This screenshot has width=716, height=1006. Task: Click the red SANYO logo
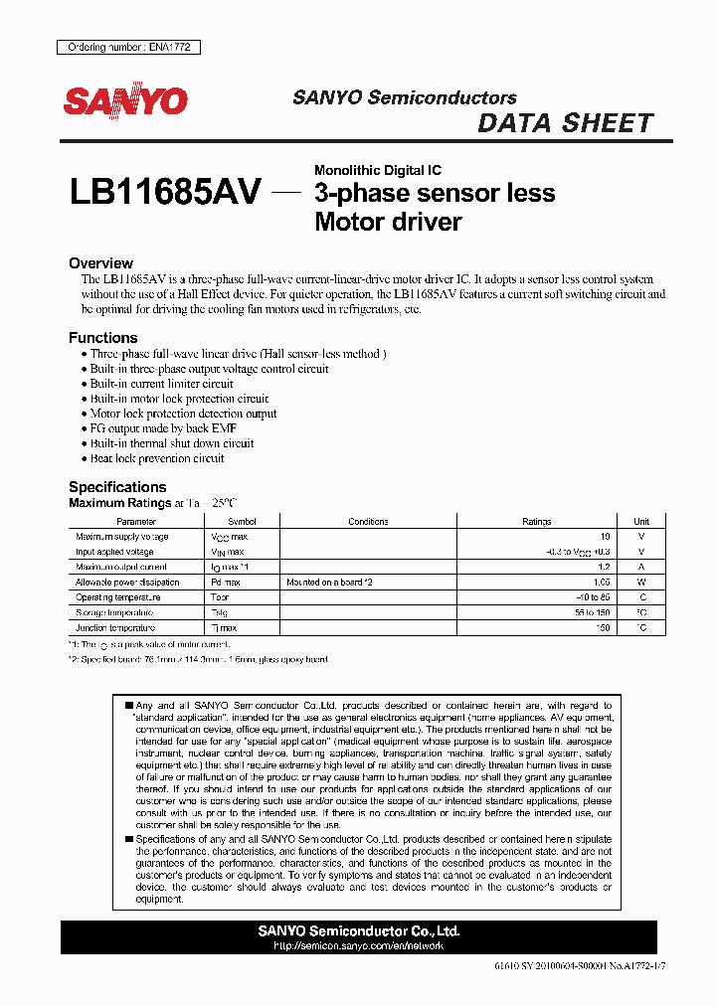(126, 99)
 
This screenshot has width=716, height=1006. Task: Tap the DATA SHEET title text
(565, 123)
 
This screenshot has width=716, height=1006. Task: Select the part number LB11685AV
(165, 192)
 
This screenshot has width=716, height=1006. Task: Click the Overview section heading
(100, 263)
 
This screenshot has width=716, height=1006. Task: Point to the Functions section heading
(103, 338)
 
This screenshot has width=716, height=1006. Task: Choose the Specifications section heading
(117, 487)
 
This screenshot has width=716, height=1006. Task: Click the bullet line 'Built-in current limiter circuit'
(161, 384)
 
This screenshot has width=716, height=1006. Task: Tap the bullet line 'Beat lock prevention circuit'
(156, 458)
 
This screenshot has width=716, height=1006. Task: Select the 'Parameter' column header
(136, 522)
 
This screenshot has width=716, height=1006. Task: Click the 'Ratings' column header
(536, 522)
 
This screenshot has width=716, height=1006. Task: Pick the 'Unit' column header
(641, 522)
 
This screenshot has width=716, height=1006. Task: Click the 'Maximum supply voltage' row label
(122, 537)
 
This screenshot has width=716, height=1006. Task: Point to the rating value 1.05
(600, 583)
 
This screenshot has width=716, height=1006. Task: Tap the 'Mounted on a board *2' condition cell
(329, 583)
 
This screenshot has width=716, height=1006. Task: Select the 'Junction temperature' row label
(115, 628)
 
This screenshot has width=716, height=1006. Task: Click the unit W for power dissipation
(641, 583)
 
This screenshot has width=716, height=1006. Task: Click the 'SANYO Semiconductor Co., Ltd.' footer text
(358, 931)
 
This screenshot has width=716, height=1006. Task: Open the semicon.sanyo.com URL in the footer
(358, 946)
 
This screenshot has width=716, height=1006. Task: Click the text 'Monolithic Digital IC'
(378, 171)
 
